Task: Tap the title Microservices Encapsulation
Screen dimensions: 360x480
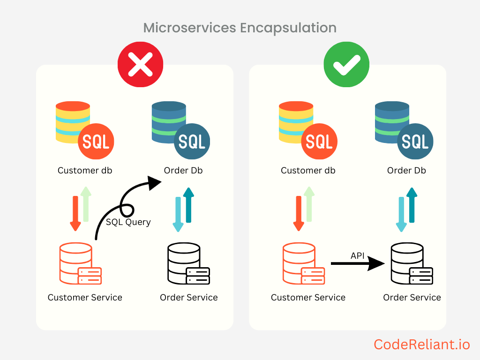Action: pos(240,28)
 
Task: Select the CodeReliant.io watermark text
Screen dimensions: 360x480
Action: pos(421,345)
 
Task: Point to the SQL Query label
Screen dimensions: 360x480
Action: pos(128,222)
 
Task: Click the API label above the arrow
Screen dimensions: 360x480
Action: pos(358,255)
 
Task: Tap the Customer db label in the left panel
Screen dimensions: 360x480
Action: pos(85,170)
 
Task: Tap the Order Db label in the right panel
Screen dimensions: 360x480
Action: pos(406,170)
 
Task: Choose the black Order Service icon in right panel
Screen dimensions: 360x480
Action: pos(412,263)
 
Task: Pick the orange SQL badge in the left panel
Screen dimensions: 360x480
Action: pos(96,141)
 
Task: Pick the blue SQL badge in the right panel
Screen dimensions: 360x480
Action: pos(415,141)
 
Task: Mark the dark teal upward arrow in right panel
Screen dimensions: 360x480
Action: pos(412,205)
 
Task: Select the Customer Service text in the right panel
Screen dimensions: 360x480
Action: pos(308,297)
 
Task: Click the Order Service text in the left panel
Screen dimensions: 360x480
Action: pos(188,297)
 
